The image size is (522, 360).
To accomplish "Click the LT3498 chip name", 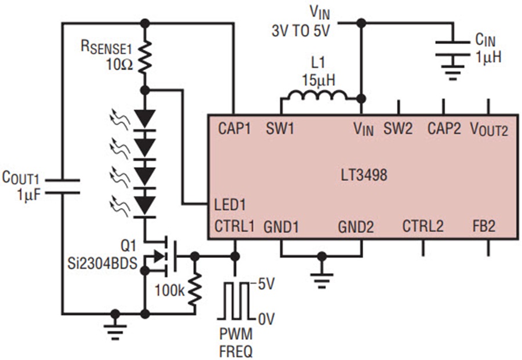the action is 364,175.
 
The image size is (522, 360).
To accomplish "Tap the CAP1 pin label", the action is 234,129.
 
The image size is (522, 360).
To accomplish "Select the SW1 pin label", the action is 280,129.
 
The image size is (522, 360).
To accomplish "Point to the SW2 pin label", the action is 398,129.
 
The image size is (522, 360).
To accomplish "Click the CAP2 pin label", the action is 444,129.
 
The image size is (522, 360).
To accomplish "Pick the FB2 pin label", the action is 484,226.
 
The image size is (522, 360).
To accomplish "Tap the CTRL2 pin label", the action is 423,226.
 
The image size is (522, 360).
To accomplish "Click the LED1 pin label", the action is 230,205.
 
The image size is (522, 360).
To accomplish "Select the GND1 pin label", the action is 281,227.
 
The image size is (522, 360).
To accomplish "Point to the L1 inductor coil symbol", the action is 317,95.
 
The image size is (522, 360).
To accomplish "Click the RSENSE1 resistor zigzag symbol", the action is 145,57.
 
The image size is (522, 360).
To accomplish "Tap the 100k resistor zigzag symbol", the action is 195,289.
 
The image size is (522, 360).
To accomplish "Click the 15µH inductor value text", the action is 318,80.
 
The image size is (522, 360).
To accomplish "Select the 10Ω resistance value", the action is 119,64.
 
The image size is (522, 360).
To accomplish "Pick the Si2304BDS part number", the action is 103,264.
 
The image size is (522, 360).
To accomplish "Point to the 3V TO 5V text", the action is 300,31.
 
